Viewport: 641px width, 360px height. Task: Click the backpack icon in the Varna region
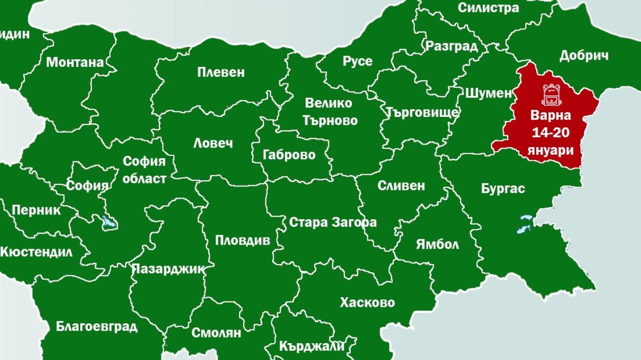551,94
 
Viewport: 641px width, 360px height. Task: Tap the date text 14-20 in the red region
551,133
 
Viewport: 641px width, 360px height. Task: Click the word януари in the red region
551,151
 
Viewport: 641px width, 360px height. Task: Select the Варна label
551,115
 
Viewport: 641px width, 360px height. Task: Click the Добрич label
584,56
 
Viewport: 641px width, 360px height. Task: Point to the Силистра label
488,8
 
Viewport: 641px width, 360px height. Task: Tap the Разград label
452,46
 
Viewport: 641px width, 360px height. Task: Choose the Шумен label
488,93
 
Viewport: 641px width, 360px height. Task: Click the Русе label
357,61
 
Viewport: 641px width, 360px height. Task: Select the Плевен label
221,72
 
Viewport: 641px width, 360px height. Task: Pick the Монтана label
75,62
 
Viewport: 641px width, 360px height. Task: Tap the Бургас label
503,188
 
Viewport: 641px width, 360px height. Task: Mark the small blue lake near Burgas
525,225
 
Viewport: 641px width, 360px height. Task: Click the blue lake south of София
108,223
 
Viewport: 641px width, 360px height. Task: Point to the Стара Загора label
333,222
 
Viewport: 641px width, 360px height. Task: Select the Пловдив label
242,240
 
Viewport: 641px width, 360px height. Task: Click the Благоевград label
97,326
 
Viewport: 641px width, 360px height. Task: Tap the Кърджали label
312,346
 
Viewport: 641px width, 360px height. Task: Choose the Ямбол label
437,244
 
